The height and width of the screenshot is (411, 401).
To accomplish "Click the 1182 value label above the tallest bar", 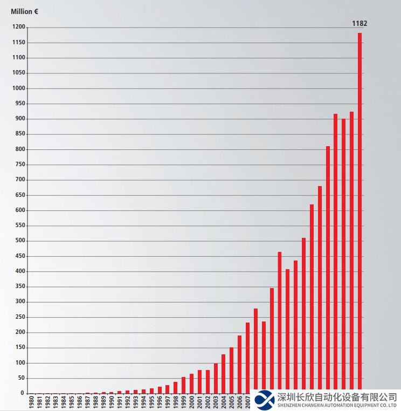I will (x=359, y=23).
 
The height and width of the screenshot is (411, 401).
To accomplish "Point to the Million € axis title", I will (x=24, y=11).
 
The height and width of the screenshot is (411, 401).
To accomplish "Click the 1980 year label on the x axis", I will (x=31, y=402).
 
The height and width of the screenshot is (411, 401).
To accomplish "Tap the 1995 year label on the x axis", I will (x=151, y=402).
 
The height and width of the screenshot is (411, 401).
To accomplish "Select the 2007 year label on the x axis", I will (x=247, y=402).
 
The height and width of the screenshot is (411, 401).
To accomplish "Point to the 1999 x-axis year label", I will (x=183, y=402).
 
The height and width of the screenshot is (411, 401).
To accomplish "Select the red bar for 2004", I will (x=224, y=374).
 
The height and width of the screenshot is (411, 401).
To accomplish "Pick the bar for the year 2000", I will (x=191, y=383).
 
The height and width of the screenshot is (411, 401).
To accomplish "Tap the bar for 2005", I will (x=232, y=371).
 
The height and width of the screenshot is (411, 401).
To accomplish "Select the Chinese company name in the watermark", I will (x=337, y=396).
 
